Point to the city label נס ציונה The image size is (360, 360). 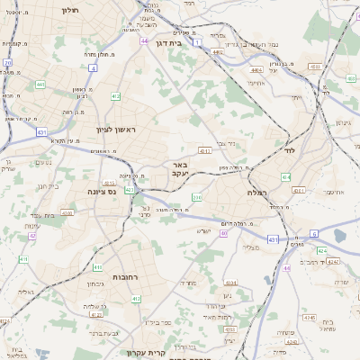(100, 191)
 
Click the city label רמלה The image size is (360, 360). (257, 193)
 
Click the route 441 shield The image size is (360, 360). (40, 85)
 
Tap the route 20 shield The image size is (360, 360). (7, 63)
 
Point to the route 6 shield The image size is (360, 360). (314, 233)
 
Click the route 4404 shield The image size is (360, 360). (256, 69)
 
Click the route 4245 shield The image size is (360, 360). (309, 317)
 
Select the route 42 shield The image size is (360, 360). (31, 236)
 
